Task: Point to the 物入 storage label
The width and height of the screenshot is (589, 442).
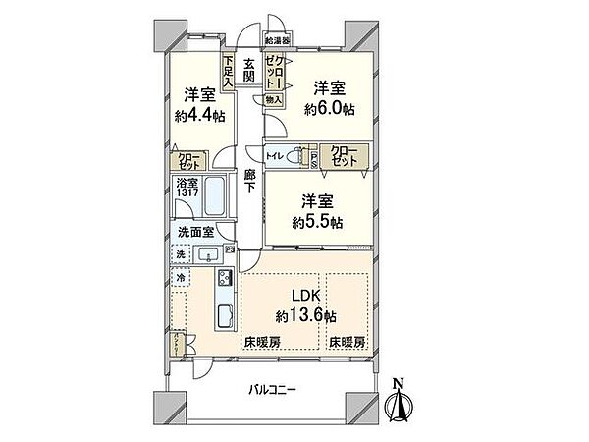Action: (x=273, y=99)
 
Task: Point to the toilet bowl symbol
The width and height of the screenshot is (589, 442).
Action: (x=298, y=154)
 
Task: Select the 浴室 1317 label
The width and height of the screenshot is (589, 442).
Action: (x=187, y=190)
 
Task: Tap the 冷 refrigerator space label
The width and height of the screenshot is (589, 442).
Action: (x=182, y=279)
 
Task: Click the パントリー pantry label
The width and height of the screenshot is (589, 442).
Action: (x=175, y=344)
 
